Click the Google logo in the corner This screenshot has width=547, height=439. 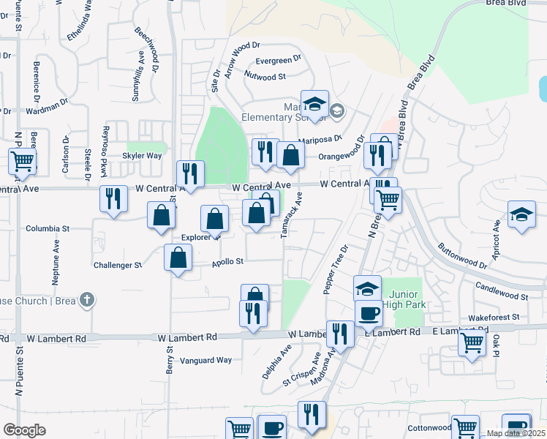pos(25,430)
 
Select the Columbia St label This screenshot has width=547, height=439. pos(48,228)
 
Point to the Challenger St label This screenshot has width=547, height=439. pos(117,266)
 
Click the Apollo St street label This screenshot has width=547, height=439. pos(227,261)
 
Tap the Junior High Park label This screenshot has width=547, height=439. pos(403,299)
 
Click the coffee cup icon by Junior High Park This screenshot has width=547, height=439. pos(369,312)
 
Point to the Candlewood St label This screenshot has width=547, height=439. pos(501,291)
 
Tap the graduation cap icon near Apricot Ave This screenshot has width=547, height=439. pos(521,214)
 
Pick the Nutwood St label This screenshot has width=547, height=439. pos(265,76)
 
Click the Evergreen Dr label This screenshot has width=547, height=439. pos(278,59)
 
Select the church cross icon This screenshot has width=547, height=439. pos(87,300)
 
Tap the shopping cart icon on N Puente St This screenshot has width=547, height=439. pos(23,161)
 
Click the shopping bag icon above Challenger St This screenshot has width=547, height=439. pos(178,258)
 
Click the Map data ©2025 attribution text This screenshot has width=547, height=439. pos(516,433)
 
